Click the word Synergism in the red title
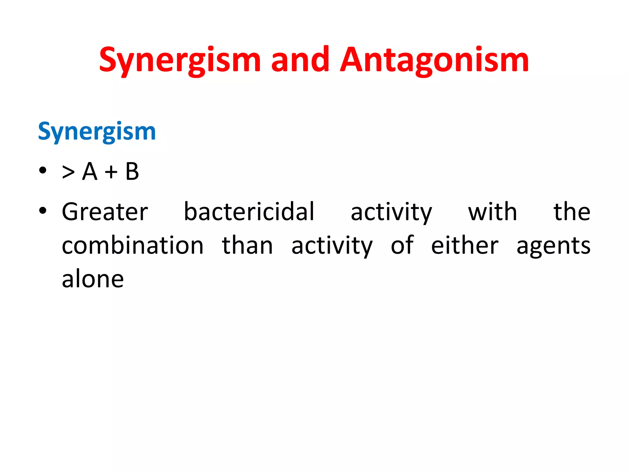coord(180,60)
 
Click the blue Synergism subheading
coord(97,132)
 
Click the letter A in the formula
coord(90,171)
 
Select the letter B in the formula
coord(132,171)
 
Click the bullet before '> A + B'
coord(43,170)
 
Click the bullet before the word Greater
coord(43,210)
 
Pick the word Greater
coord(105,212)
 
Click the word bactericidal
coord(249,212)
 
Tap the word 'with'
coord(492,212)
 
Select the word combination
coord(133,246)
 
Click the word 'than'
coord(247,246)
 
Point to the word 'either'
coord(465,246)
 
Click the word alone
coord(93,279)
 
